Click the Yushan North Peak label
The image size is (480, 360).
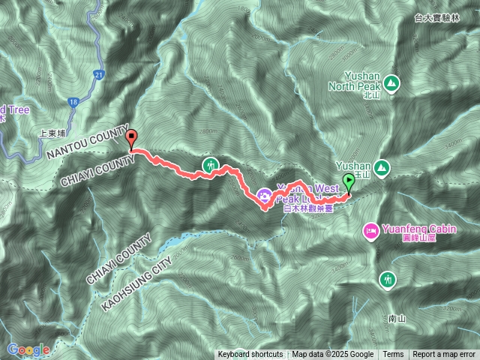pos(357,81)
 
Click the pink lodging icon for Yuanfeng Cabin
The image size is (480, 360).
pos(370,229)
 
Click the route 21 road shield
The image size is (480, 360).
pos(99,74)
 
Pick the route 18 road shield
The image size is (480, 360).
pos(73,100)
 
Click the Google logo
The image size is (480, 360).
pos(28,349)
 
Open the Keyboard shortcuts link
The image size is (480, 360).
pos(250,355)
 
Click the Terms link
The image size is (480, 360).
pos(393,355)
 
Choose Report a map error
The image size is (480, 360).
pos(445,355)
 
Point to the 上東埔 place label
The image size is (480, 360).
pos(54,135)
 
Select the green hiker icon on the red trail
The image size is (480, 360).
pos(211,164)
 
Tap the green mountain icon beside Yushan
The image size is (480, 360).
pos(382,166)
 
